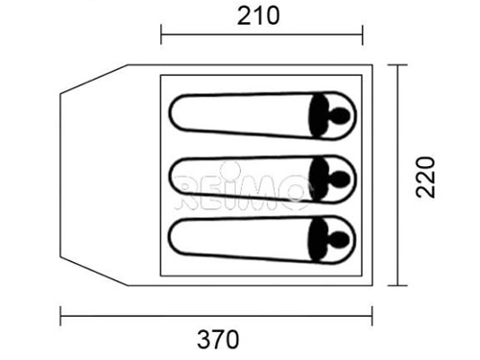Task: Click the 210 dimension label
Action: tap(258, 16)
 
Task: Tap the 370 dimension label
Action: tap(218, 339)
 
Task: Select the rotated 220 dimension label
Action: tap(425, 177)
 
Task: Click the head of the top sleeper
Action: tap(339, 116)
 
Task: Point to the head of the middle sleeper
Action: tap(339, 180)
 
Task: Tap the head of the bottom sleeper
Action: tap(338, 240)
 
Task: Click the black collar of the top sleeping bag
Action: tap(319, 116)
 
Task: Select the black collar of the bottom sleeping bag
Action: tap(318, 240)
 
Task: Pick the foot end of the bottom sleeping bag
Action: tap(171, 238)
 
